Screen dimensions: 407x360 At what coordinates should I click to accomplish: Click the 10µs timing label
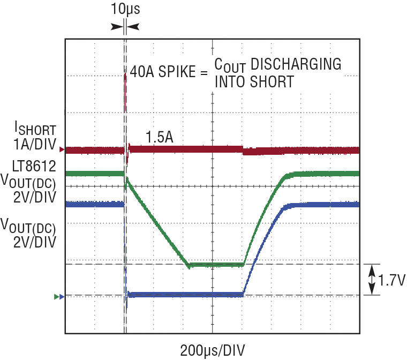pyautogui.click(x=125, y=9)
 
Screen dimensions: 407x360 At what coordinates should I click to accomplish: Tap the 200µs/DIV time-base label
pyautogui.click(x=212, y=351)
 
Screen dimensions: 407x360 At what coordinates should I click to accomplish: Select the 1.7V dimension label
pyautogui.click(x=391, y=280)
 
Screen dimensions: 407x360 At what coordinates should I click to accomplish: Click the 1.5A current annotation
pyautogui.click(x=160, y=137)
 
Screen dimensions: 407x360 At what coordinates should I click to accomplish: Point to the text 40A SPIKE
pyautogui.click(x=163, y=71)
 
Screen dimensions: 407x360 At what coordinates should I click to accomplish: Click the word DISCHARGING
pyautogui.click(x=296, y=64)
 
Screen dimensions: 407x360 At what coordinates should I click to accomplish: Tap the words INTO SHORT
pyautogui.click(x=254, y=82)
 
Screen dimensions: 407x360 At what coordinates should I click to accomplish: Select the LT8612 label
pyautogui.click(x=34, y=166)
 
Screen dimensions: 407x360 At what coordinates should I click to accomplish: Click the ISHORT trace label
pyautogui.click(x=35, y=129)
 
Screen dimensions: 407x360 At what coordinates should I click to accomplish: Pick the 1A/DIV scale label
pyautogui.click(x=35, y=144)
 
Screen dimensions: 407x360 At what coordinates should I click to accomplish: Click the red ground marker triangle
pyautogui.click(x=62, y=149)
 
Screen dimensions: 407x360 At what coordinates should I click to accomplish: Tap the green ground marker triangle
pyautogui.click(x=56, y=297)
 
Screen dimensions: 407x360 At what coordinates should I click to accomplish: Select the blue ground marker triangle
pyautogui.click(x=62, y=297)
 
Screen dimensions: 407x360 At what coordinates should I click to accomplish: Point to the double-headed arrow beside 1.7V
pyautogui.click(x=372, y=280)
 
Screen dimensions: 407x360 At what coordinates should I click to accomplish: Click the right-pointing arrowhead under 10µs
pyautogui.click(x=117, y=27)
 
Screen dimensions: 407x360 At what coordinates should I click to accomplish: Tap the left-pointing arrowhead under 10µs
pyautogui.click(x=133, y=27)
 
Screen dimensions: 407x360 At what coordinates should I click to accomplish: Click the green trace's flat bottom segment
pyautogui.click(x=216, y=265)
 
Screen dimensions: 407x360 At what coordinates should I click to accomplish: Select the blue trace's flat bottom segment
pyautogui.click(x=186, y=295)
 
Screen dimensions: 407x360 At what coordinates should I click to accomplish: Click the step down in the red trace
pyautogui.click(x=243, y=150)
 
